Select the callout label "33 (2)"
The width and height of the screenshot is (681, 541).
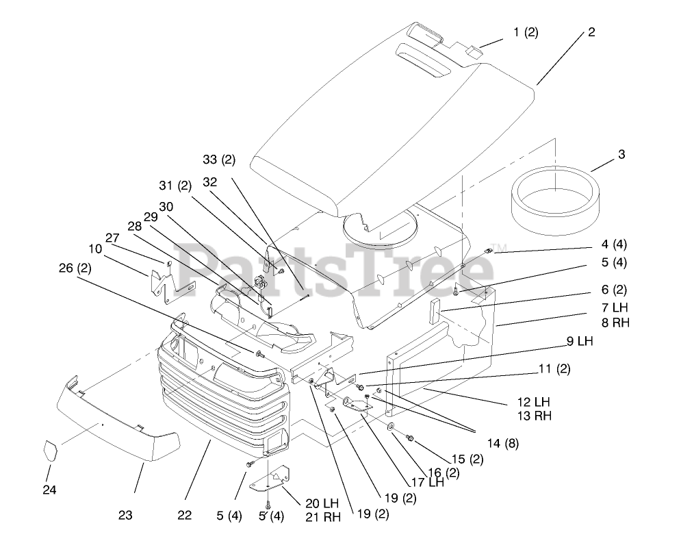(218, 160)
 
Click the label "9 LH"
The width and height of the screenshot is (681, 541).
(580, 340)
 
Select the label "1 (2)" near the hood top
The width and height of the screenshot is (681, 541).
(526, 33)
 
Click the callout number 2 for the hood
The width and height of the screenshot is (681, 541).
(591, 32)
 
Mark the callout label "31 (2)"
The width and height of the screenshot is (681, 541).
(175, 186)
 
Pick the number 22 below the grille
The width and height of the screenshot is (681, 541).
(184, 515)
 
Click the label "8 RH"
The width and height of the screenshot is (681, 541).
(597, 323)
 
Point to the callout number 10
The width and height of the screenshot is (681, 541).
(95, 249)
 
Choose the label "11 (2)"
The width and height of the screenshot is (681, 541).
(554, 369)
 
